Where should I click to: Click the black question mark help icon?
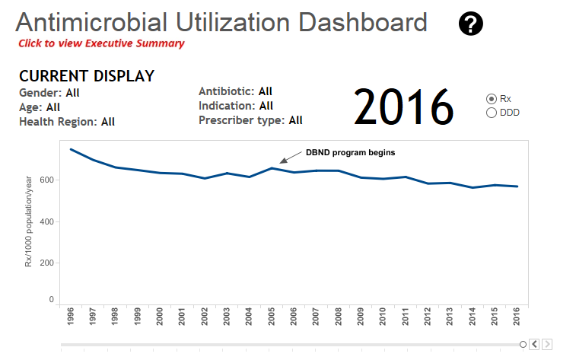470,24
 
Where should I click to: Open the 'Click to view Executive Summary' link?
101,43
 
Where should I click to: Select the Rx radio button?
491,99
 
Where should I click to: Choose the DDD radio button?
491,113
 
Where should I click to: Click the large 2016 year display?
404,107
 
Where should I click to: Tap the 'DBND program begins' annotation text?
351,152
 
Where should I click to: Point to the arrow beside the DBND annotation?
291,157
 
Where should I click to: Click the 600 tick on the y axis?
46,180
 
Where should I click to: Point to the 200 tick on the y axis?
46,263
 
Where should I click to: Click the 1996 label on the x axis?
71,317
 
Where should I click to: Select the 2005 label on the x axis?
271,317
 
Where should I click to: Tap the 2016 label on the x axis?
517,317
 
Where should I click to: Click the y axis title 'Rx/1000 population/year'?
28,221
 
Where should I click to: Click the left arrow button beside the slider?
534,344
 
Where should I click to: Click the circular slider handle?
523,344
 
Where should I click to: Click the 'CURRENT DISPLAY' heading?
87,76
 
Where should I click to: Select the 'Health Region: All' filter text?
67,122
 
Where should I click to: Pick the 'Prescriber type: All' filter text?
250,120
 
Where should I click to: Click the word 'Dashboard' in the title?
362,23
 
